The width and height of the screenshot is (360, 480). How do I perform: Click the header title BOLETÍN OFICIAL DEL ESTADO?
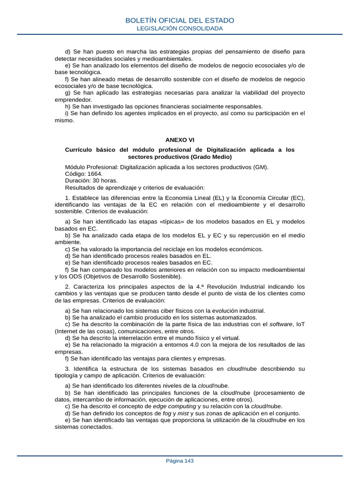pyautogui.click(x=180, y=20)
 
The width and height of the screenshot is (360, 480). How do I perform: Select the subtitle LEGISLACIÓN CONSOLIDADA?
pyautogui.click(x=180, y=29)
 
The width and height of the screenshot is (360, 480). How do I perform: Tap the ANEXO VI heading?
pyautogui.click(x=180, y=140)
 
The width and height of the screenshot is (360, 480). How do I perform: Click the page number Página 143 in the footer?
pyautogui.click(x=180, y=461)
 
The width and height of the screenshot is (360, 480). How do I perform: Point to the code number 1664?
pyautogui.click(x=94, y=173)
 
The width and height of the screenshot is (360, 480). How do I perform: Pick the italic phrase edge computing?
pyautogui.click(x=175, y=406)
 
